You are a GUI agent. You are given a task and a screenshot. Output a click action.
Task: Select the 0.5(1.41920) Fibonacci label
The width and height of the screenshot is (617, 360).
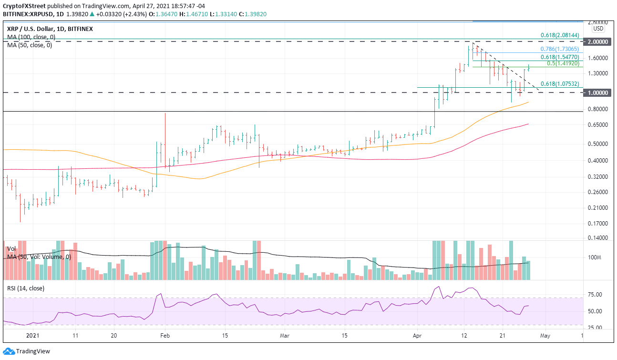pos(563,63)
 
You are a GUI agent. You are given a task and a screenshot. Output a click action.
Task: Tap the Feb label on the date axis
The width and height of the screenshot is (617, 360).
pos(164,336)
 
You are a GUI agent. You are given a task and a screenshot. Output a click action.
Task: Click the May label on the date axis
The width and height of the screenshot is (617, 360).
pos(545,336)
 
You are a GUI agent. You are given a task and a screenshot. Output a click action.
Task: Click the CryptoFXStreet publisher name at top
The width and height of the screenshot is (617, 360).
pos(23,6)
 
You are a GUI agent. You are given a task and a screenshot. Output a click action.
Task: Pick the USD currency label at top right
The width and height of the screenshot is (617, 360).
pos(598,29)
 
